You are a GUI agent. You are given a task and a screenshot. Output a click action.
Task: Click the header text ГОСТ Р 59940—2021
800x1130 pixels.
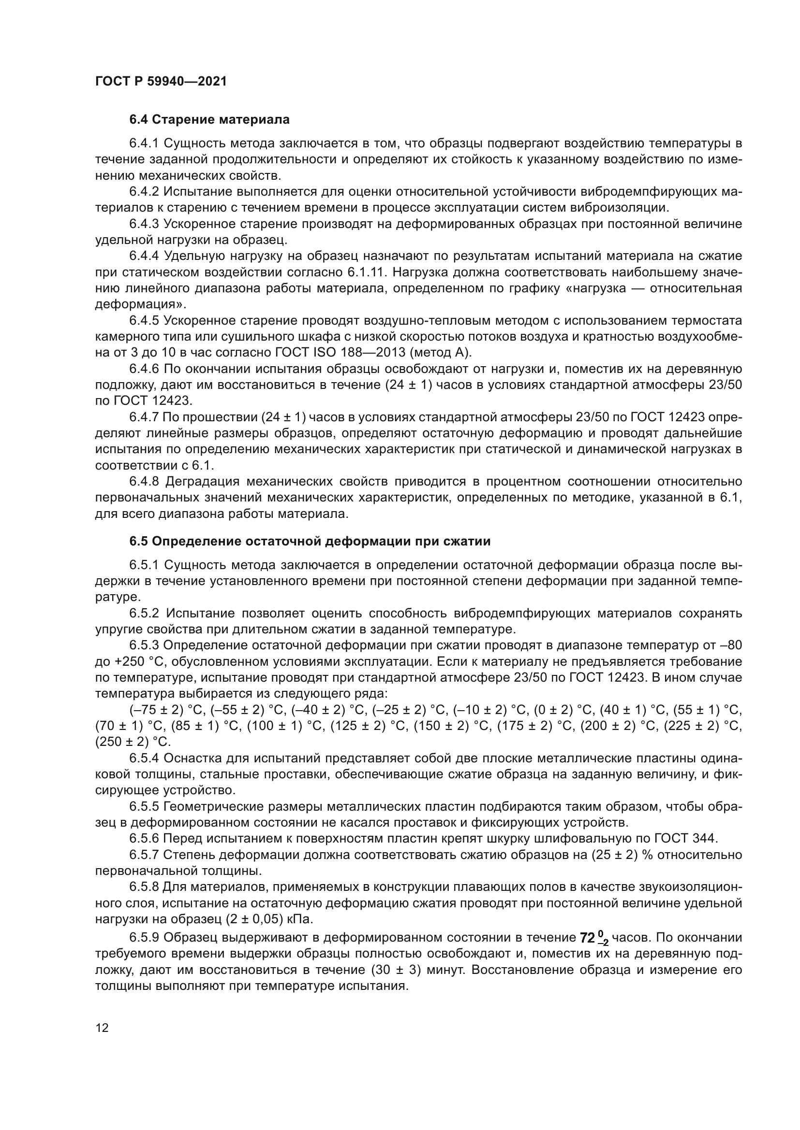[161, 82]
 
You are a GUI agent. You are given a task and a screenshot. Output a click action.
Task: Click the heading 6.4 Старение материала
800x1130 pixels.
[209, 120]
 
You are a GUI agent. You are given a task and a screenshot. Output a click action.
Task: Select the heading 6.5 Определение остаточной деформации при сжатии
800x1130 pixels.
[310, 542]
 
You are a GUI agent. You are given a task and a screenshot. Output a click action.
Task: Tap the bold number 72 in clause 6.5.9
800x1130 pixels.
[587, 938]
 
